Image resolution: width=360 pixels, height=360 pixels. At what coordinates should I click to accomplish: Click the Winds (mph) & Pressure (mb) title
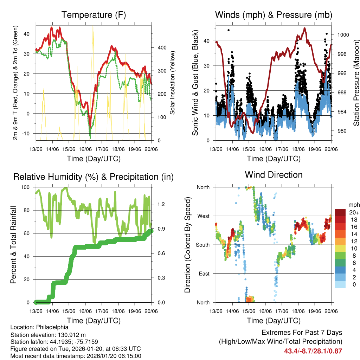click(x=274, y=15)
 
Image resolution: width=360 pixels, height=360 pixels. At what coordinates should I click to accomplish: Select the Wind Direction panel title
click(x=274, y=174)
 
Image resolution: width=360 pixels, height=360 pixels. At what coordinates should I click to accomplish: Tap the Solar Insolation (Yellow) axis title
click(x=173, y=83)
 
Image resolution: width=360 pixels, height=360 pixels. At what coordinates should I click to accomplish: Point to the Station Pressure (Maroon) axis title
click(x=356, y=83)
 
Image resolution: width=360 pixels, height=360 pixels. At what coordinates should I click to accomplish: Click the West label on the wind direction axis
click(x=203, y=216)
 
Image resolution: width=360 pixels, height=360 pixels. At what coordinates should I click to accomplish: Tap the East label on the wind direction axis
click(x=204, y=274)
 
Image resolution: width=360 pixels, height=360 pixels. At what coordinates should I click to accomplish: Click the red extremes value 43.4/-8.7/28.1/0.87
click(x=313, y=351)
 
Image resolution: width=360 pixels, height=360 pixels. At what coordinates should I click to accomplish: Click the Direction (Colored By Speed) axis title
click(x=187, y=244)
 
